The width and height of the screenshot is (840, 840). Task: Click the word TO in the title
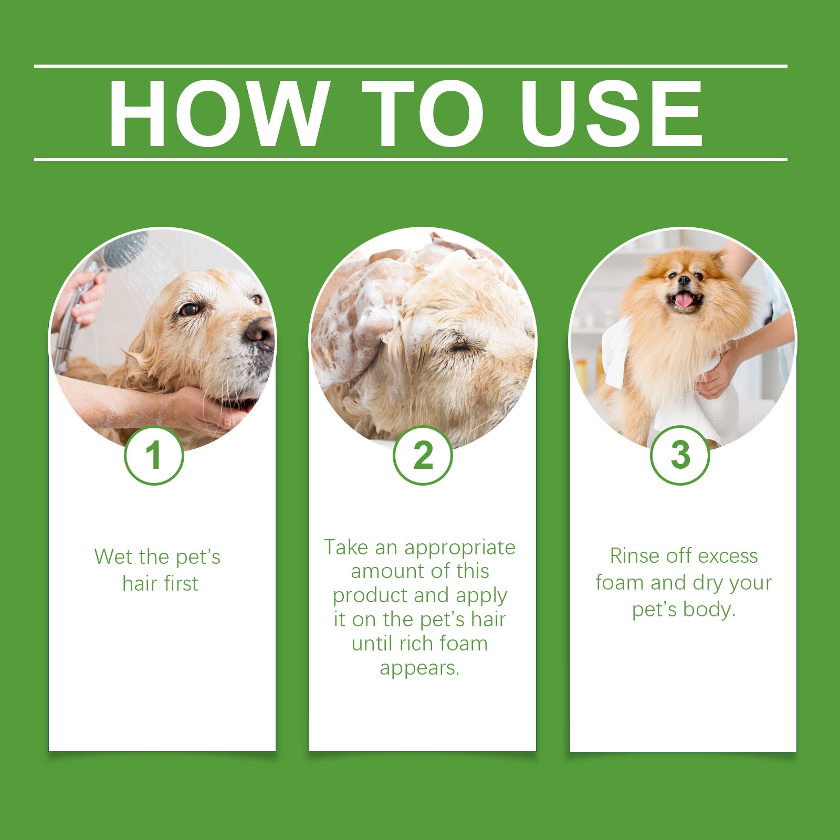tap(423, 113)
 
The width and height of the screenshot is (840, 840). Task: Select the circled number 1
tap(154, 455)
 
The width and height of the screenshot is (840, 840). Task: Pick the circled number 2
tap(423, 455)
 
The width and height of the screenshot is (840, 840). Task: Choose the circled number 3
tap(680, 455)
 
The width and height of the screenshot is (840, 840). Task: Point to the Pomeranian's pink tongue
tap(684, 300)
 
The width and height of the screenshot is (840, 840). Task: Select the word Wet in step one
tap(111, 557)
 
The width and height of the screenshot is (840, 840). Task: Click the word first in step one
tap(180, 584)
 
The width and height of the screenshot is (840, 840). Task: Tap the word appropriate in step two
tap(459, 548)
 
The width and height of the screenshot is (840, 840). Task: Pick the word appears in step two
tap(419, 669)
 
